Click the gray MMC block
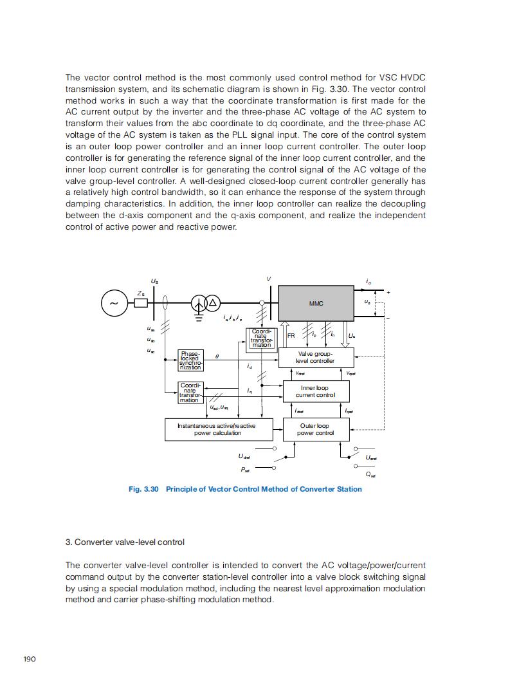[x=315, y=303]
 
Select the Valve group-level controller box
[x=315, y=357]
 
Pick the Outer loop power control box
[x=314, y=429]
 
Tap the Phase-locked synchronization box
[x=190, y=360]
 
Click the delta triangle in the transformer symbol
[x=212, y=303]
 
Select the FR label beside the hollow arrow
[x=291, y=335]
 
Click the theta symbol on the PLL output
[x=217, y=355]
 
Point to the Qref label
[x=370, y=475]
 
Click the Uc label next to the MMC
[x=352, y=335]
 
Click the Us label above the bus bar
[x=154, y=281]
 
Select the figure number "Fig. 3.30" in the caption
[x=143, y=489]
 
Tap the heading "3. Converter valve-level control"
[x=125, y=542]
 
